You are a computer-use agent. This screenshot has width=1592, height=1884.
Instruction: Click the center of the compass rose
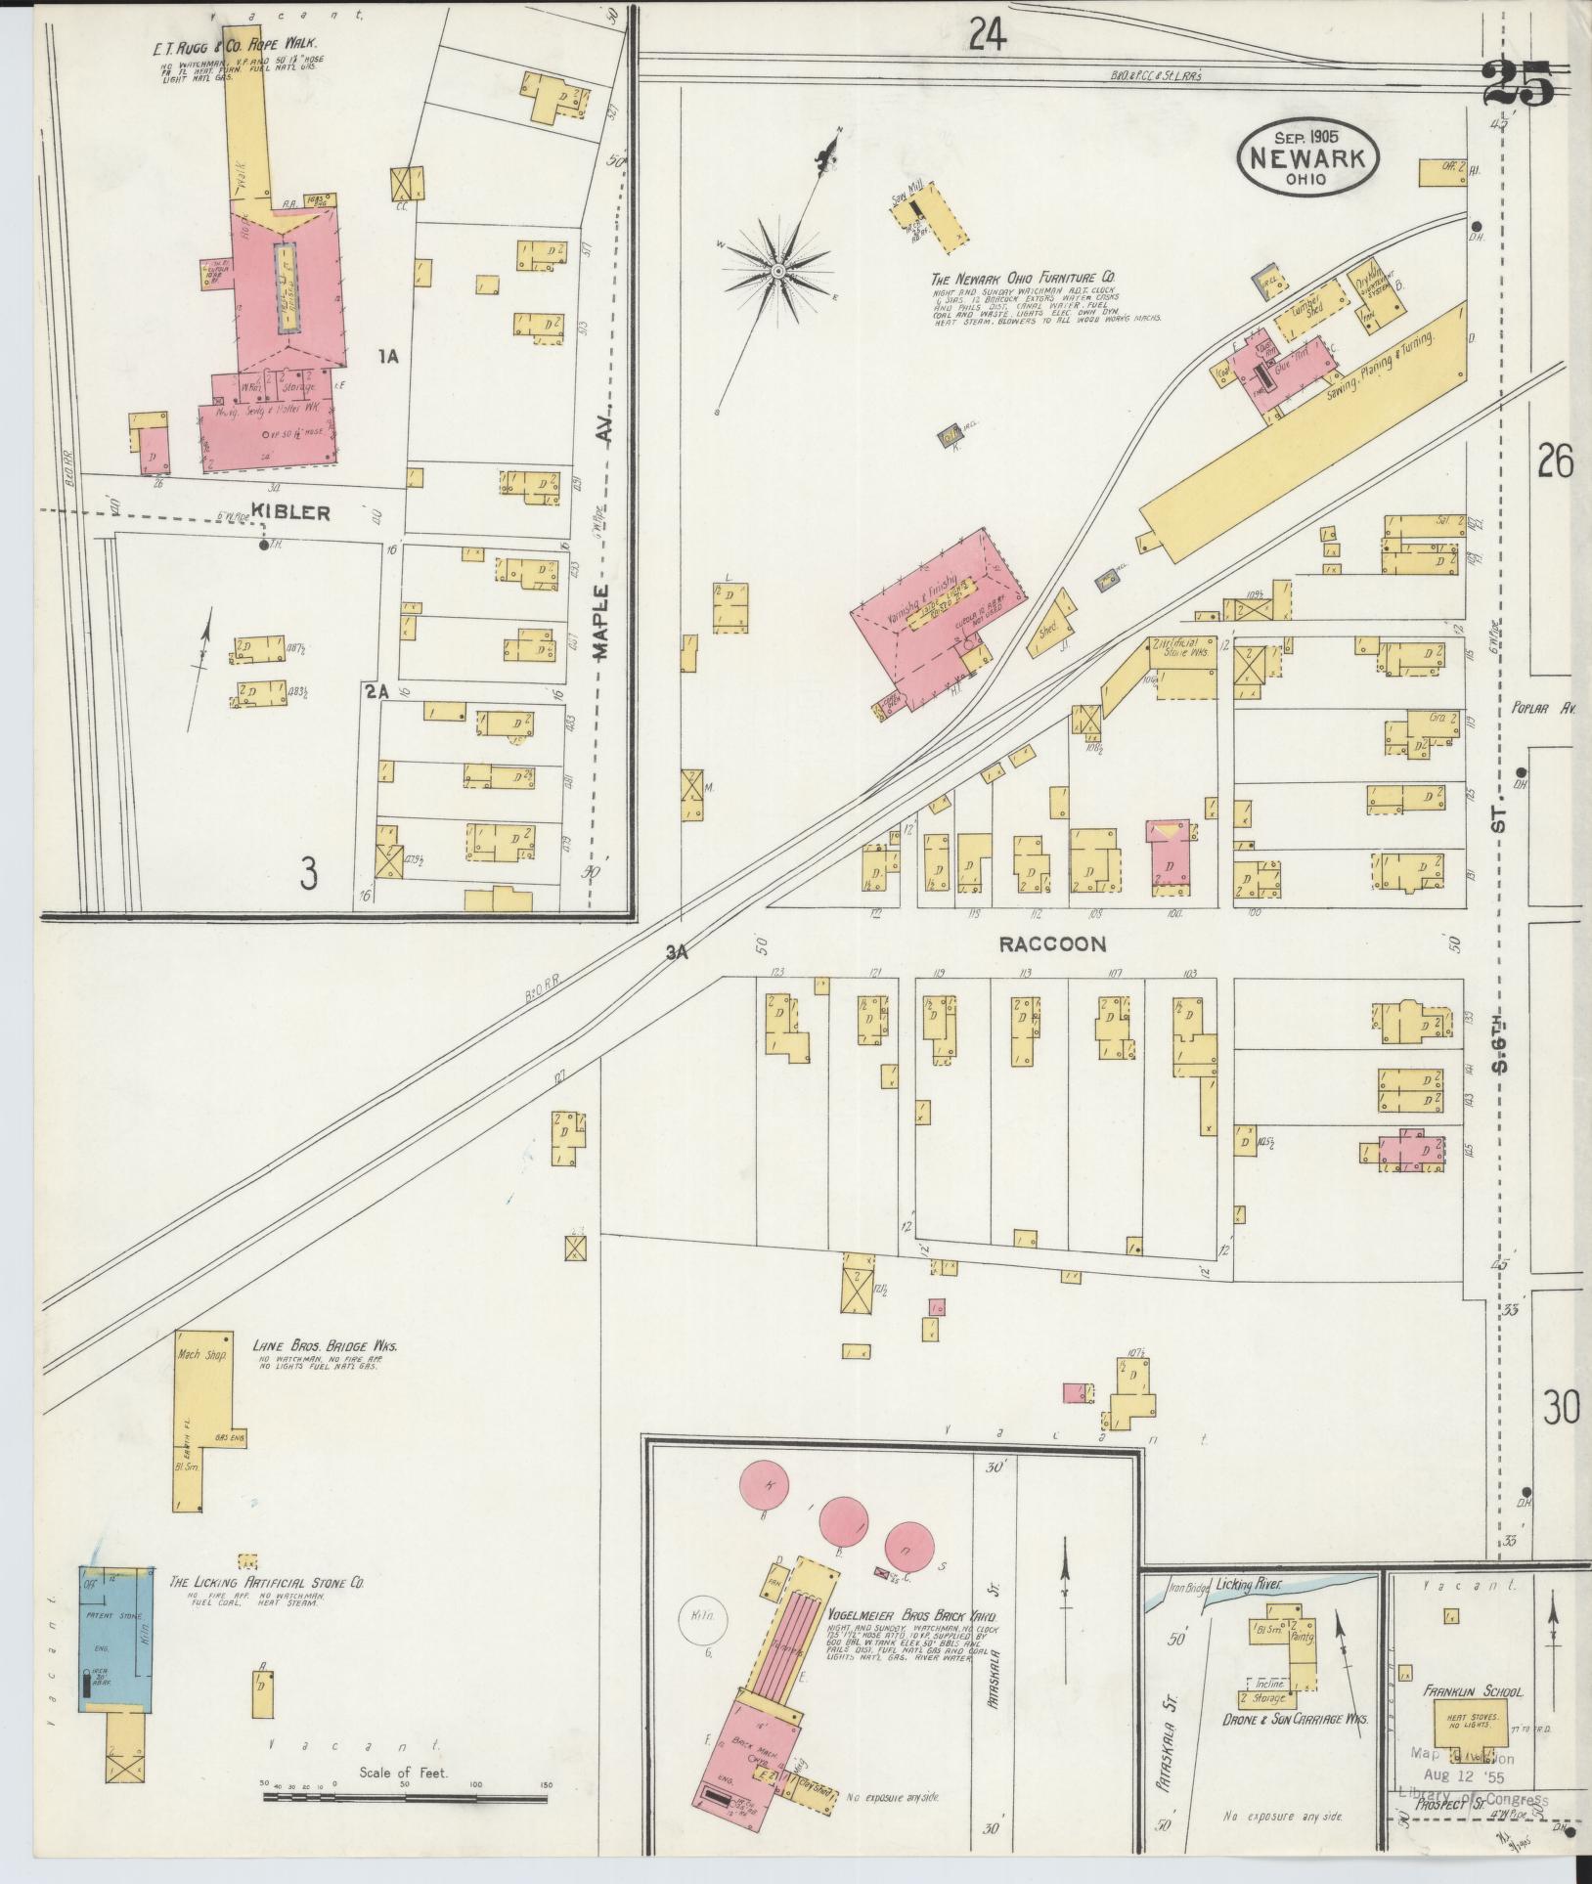pos(778,271)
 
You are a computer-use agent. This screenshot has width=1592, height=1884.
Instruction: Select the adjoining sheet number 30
pos(1562,1409)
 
